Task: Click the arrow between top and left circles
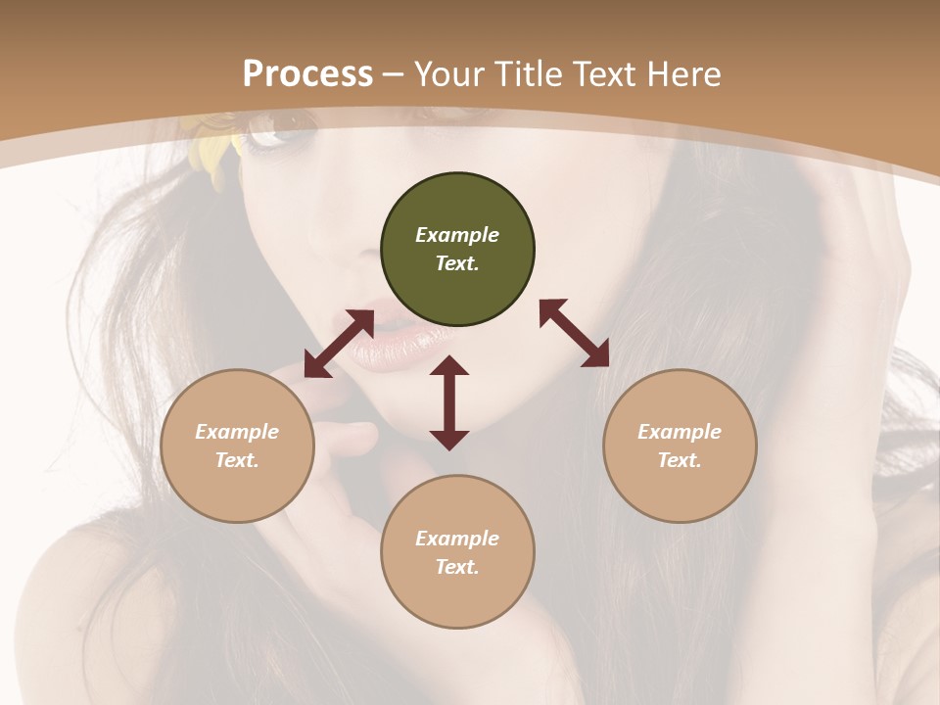pos(339,344)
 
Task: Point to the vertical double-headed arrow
pos(449,402)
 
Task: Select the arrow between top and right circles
pos(574,333)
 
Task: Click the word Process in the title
pos(307,73)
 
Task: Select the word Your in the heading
pos(447,73)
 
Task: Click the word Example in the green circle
pos(457,235)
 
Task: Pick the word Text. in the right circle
pos(680,460)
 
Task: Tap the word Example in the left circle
pos(237,432)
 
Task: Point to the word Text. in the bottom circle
pos(457,567)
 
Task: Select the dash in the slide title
pos(394,74)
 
